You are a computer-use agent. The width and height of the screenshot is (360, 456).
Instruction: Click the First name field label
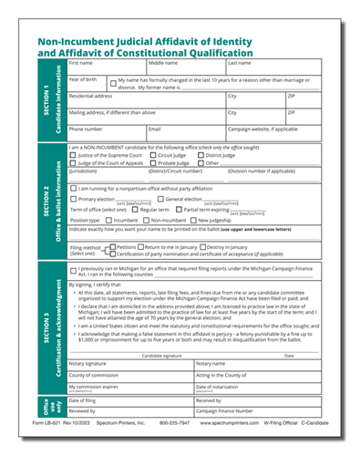81,63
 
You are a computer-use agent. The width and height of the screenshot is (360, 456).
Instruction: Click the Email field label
154,129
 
